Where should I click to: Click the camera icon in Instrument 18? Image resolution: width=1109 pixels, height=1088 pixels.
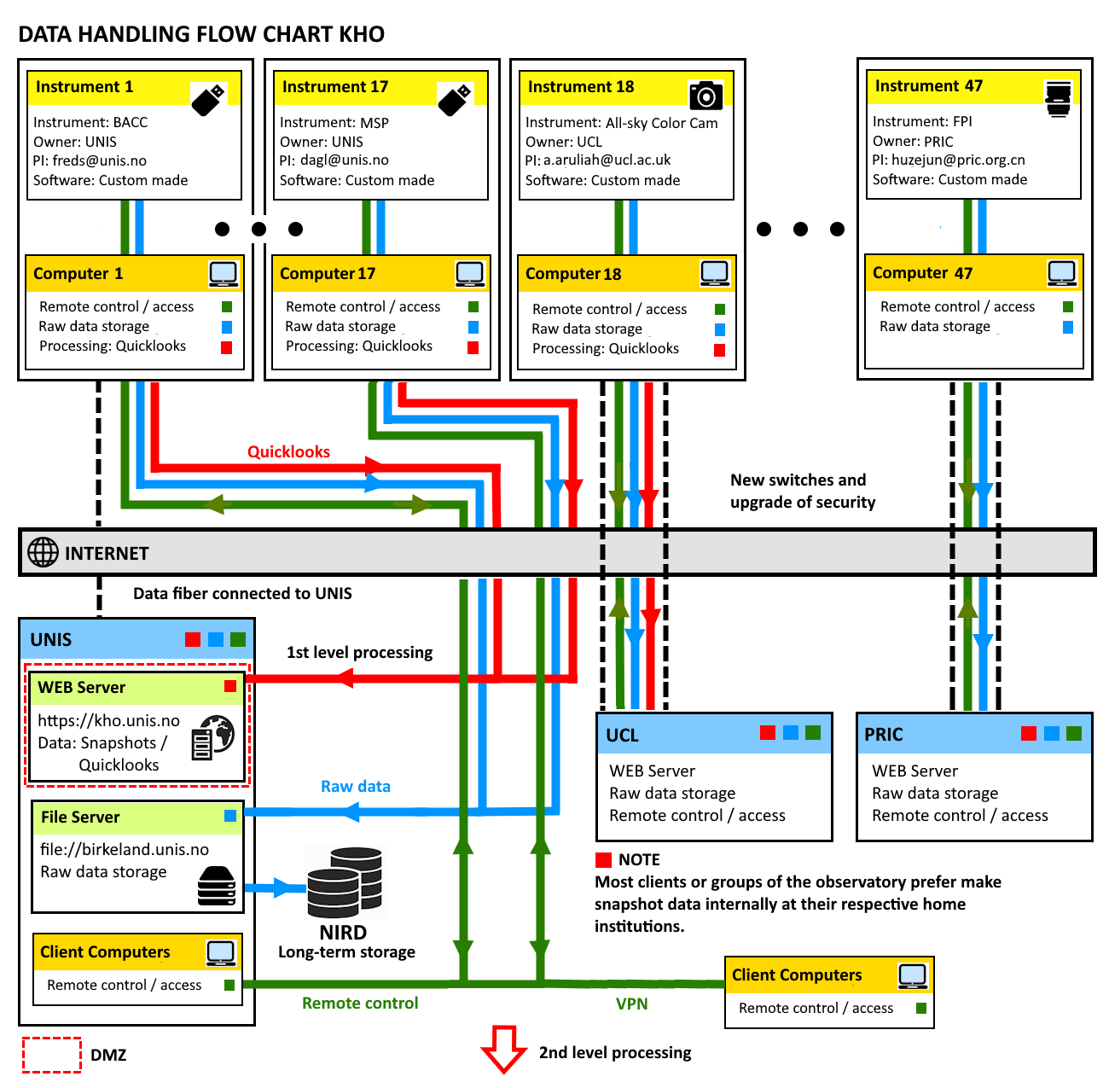(x=705, y=95)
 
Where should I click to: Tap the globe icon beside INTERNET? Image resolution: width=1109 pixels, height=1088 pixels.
(x=43, y=552)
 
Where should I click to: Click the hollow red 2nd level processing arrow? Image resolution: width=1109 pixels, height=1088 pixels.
(x=503, y=1049)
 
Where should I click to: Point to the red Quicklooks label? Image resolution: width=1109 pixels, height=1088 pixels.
(x=288, y=451)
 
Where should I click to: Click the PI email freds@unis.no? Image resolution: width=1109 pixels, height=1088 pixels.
(x=99, y=160)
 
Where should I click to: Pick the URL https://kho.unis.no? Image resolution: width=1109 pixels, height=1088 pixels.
(x=108, y=720)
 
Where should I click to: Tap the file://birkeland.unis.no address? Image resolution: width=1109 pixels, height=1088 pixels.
(x=125, y=849)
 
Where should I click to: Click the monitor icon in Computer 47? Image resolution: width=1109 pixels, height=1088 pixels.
(x=1062, y=273)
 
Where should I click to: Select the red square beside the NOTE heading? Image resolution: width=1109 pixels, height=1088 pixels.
(x=604, y=859)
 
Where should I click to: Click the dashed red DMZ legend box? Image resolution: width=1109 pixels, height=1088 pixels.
(x=51, y=1055)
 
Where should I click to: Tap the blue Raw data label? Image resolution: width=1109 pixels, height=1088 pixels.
(x=356, y=786)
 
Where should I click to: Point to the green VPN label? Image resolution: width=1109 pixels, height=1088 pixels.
(x=632, y=1004)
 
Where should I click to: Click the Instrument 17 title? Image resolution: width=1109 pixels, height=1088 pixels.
(x=335, y=87)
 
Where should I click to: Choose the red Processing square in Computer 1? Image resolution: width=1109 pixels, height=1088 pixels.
(x=226, y=347)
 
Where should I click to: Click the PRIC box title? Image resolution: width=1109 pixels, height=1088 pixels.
(x=884, y=734)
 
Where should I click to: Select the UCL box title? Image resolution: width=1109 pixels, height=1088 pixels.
(x=622, y=735)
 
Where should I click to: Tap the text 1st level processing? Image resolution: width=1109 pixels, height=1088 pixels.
(x=359, y=652)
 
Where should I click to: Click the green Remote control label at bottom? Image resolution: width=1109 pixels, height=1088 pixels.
(x=360, y=1003)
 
